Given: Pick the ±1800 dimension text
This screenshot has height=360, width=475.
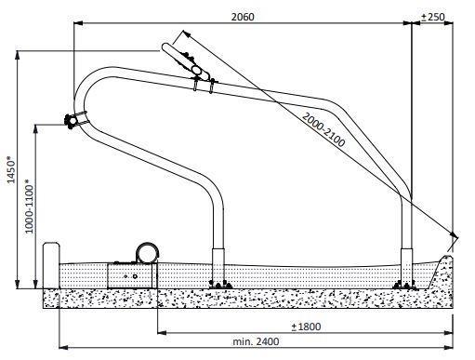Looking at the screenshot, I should coord(307,326).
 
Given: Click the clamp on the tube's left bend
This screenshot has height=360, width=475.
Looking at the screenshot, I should coord(73,120).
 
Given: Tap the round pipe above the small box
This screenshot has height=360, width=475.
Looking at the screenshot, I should coord(147,251).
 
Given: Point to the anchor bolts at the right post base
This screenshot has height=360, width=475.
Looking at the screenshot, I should coord(402,283).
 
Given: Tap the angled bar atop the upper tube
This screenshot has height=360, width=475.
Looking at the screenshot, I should coord(184,57).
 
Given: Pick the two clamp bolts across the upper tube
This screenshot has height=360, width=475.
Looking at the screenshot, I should coord(204,87).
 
